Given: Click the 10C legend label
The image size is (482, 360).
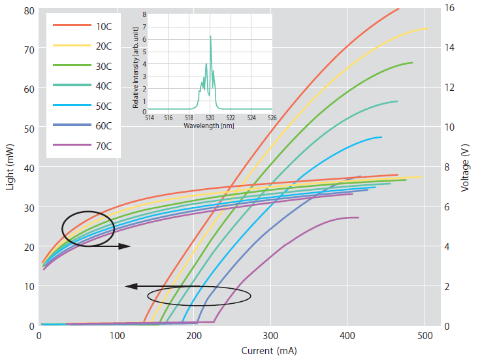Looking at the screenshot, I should (103, 25).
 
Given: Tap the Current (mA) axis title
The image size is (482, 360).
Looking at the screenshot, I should (269, 351).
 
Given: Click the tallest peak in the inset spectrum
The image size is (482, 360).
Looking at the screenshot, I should (210, 37).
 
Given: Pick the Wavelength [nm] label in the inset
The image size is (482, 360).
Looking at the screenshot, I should (209, 125).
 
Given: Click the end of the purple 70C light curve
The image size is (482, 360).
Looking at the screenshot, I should (359, 218).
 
